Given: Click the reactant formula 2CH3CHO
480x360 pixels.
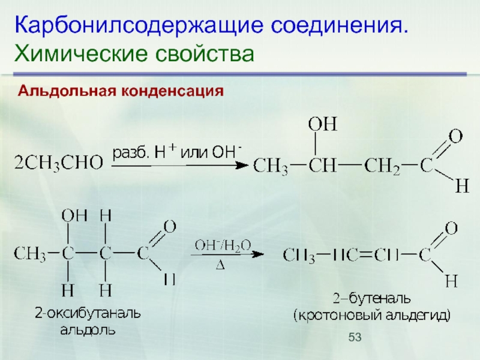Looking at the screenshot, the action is pos(58,162).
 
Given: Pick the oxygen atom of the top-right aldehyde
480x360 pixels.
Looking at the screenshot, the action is pos(455,136).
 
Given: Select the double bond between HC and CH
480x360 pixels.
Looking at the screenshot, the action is pos(358,256).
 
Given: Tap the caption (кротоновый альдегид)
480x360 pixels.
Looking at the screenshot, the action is pos(371,314).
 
